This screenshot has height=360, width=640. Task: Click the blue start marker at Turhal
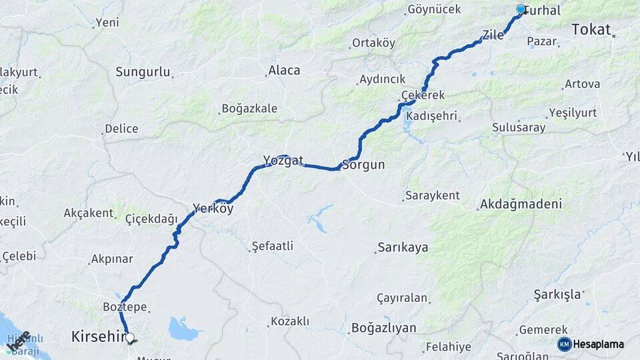click(x=521, y=9)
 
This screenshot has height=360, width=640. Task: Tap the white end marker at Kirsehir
click(x=129, y=338)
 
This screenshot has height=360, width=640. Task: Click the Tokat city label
click(x=591, y=29)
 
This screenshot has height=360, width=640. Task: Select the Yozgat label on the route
click(x=283, y=161)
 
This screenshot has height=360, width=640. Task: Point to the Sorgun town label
click(x=363, y=165)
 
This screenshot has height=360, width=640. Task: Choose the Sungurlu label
click(x=143, y=72)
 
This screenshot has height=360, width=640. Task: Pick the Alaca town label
click(x=284, y=70)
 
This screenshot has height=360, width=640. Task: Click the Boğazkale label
click(x=249, y=108)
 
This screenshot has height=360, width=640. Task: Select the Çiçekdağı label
click(x=151, y=219)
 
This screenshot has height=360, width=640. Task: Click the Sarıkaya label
click(x=403, y=247)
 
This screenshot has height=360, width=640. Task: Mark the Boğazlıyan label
click(x=383, y=328)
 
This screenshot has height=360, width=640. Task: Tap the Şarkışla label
click(x=557, y=294)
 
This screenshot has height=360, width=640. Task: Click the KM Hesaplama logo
click(x=591, y=344)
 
